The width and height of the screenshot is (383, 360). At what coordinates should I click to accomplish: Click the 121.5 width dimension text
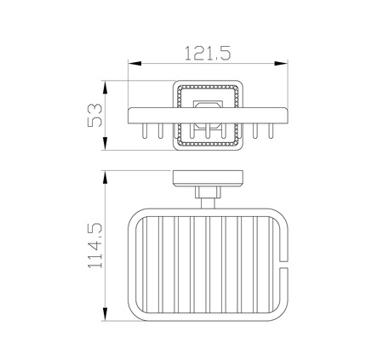[x=208, y=54]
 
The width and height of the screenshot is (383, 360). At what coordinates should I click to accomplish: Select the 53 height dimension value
[x=94, y=115]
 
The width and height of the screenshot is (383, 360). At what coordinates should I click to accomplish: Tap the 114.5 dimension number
[x=94, y=246]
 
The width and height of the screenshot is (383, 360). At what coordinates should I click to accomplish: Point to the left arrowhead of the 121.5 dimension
[x=134, y=63]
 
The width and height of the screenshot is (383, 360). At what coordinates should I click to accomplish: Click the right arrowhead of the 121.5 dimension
[x=281, y=63]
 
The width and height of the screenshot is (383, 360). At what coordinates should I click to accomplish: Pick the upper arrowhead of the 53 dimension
[x=106, y=87]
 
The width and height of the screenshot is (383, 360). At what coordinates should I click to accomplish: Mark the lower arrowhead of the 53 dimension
[x=106, y=144]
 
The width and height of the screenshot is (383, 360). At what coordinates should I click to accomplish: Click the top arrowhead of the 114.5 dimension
[x=106, y=177]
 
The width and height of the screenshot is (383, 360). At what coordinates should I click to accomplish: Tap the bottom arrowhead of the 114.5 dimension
[x=106, y=314]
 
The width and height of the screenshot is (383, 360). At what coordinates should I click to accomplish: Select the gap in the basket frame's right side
[x=283, y=264]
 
